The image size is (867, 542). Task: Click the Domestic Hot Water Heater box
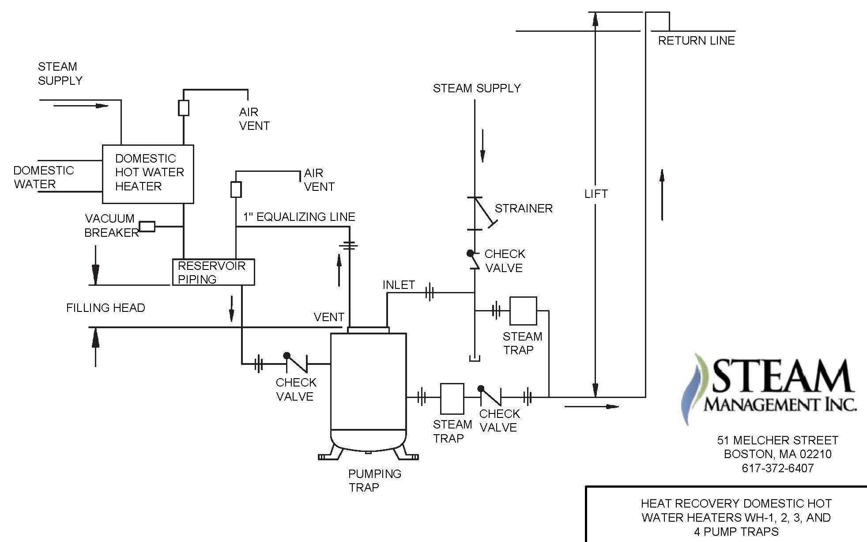(148, 174)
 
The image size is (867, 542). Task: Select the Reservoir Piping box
(213, 272)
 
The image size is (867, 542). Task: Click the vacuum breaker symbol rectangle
(147, 227)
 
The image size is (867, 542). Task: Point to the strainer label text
(524, 208)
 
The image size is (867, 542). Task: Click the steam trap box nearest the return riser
(523, 311)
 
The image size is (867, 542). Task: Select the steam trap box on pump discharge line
(452, 398)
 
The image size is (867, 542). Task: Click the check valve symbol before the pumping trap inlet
(296, 364)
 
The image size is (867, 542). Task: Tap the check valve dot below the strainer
(471, 254)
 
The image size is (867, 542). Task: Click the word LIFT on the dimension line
(596, 194)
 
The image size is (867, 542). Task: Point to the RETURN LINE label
(696, 41)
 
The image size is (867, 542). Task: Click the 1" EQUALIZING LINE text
(299, 217)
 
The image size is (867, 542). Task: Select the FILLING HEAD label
(106, 308)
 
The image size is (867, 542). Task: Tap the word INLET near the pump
(399, 285)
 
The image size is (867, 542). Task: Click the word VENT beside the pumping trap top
(329, 317)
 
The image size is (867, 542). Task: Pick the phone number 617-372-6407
(777, 468)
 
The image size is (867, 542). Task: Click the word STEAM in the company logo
(781, 376)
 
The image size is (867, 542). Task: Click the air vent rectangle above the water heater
(184, 108)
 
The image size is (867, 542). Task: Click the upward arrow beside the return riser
(662, 194)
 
